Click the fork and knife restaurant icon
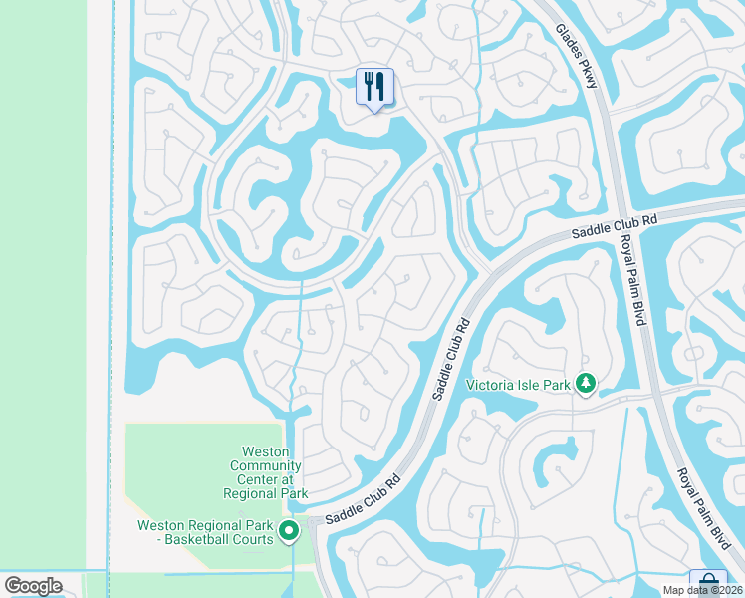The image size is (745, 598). (x=374, y=87)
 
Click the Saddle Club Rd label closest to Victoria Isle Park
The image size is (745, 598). (x=451, y=359)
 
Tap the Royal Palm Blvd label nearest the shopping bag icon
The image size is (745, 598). (x=703, y=505)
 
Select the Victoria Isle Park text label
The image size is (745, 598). (x=520, y=384)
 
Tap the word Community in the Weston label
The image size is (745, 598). (x=265, y=466)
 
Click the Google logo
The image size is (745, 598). (x=33, y=586)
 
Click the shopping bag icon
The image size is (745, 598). (x=707, y=581)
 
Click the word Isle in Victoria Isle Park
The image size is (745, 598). (x=535, y=384)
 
